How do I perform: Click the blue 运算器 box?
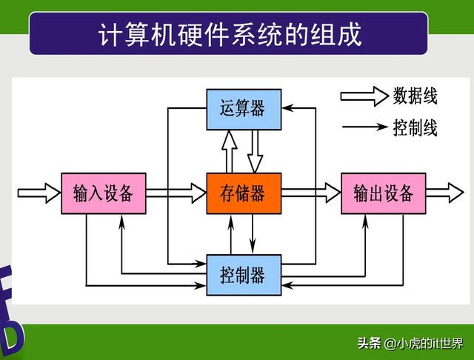tap(243, 109)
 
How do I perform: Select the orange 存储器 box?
tap(243, 193)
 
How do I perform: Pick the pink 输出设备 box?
tap(383, 193)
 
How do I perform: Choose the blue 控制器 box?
tap(243, 276)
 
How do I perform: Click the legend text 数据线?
tap(415, 96)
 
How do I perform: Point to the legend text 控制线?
tap(415, 128)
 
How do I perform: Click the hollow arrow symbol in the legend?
tap(364, 96)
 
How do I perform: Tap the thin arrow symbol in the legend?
tap(364, 128)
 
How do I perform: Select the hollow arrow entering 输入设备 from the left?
tap(39, 193)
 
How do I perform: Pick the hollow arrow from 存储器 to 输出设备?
tap(310, 193)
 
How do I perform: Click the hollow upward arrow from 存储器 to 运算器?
tap(229, 151)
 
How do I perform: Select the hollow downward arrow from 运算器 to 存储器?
tap(255, 151)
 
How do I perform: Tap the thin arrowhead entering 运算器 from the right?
tap(288, 109)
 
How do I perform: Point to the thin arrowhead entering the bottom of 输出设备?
tap(365, 220)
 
